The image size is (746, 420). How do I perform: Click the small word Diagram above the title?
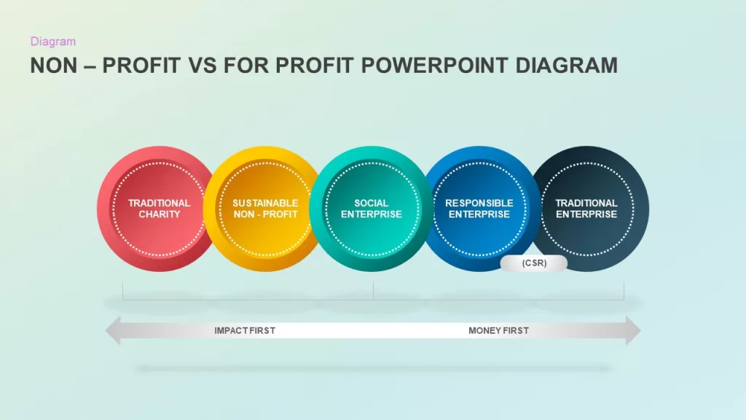(x=52, y=42)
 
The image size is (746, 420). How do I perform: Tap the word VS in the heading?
(x=201, y=65)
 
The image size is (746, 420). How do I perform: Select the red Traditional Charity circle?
(x=158, y=209)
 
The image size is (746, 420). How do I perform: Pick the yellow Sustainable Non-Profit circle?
(x=264, y=209)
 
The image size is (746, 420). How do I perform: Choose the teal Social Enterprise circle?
(x=371, y=209)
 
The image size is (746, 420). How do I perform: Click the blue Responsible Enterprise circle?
(x=479, y=209)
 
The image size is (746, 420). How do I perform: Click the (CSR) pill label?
(x=534, y=263)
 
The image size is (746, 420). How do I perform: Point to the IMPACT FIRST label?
(x=245, y=330)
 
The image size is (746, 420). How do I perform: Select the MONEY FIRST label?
(x=498, y=330)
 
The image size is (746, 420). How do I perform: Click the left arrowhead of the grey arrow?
(x=113, y=330)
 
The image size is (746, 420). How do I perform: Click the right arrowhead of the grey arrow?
(x=633, y=330)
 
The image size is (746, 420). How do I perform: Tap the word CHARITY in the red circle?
(x=160, y=214)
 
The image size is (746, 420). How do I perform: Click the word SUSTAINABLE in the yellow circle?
(x=265, y=203)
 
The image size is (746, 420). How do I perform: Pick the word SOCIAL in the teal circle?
(x=371, y=203)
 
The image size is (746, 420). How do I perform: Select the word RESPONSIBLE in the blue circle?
(x=479, y=203)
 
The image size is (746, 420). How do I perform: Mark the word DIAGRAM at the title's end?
(x=567, y=65)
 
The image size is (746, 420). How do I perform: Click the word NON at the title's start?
(x=54, y=65)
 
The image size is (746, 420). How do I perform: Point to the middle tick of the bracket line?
(x=374, y=290)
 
